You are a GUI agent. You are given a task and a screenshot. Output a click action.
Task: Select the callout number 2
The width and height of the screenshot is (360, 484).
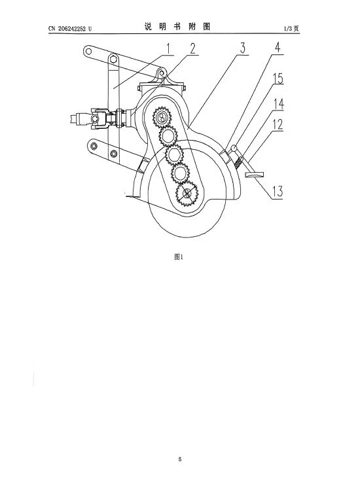(192, 48)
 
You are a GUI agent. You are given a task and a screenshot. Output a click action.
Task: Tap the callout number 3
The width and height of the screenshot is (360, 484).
(243, 48)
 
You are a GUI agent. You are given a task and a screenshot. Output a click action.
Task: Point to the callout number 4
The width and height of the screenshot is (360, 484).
(278, 48)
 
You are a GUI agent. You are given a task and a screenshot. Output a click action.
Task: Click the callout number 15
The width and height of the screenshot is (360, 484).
(278, 78)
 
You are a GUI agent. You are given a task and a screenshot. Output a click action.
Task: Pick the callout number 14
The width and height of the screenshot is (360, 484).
(278, 104)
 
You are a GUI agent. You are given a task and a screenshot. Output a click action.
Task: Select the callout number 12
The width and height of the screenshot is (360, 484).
(278, 124)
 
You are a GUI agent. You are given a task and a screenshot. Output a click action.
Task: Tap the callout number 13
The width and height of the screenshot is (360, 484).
(277, 192)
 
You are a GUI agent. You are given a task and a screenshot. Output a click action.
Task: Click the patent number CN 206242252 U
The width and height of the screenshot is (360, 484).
(70, 29)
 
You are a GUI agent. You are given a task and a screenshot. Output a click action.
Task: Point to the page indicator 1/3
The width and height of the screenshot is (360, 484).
(288, 29)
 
